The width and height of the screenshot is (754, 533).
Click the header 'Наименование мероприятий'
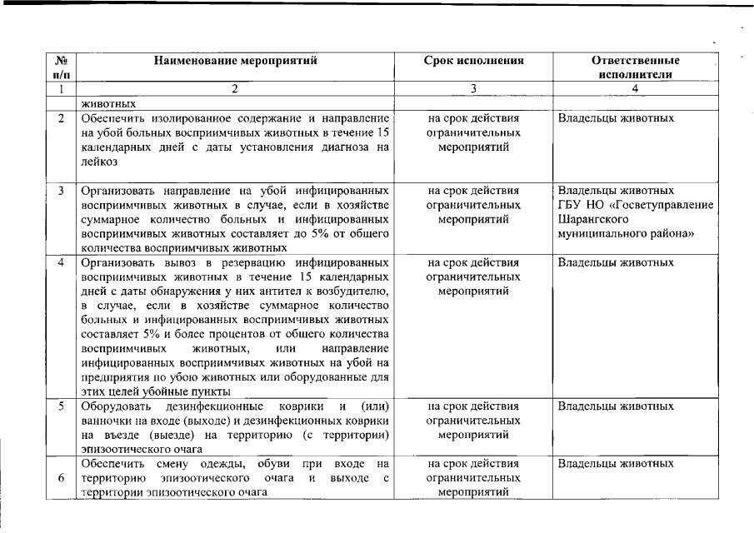coord(235,61)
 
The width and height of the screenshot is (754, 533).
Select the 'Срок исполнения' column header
coord(473,61)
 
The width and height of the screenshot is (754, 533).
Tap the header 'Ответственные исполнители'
coord(635,67)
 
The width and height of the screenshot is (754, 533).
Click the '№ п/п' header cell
coord(61,67)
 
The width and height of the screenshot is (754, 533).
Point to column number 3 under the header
coord(473,88)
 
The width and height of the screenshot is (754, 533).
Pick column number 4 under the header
coord(635,88)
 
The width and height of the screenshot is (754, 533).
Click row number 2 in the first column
coord(62,118)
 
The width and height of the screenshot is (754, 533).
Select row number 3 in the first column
coord(62,191)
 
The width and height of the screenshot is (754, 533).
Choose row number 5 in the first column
coord(62,406)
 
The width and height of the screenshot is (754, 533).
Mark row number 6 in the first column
coord(62,478)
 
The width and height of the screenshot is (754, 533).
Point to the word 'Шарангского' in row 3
coord(590,220)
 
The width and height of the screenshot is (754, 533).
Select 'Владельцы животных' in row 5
coord(615,406)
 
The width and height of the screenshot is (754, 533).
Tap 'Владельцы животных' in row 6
coord(615,463)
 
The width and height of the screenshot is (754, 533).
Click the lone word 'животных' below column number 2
coord(108,104)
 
